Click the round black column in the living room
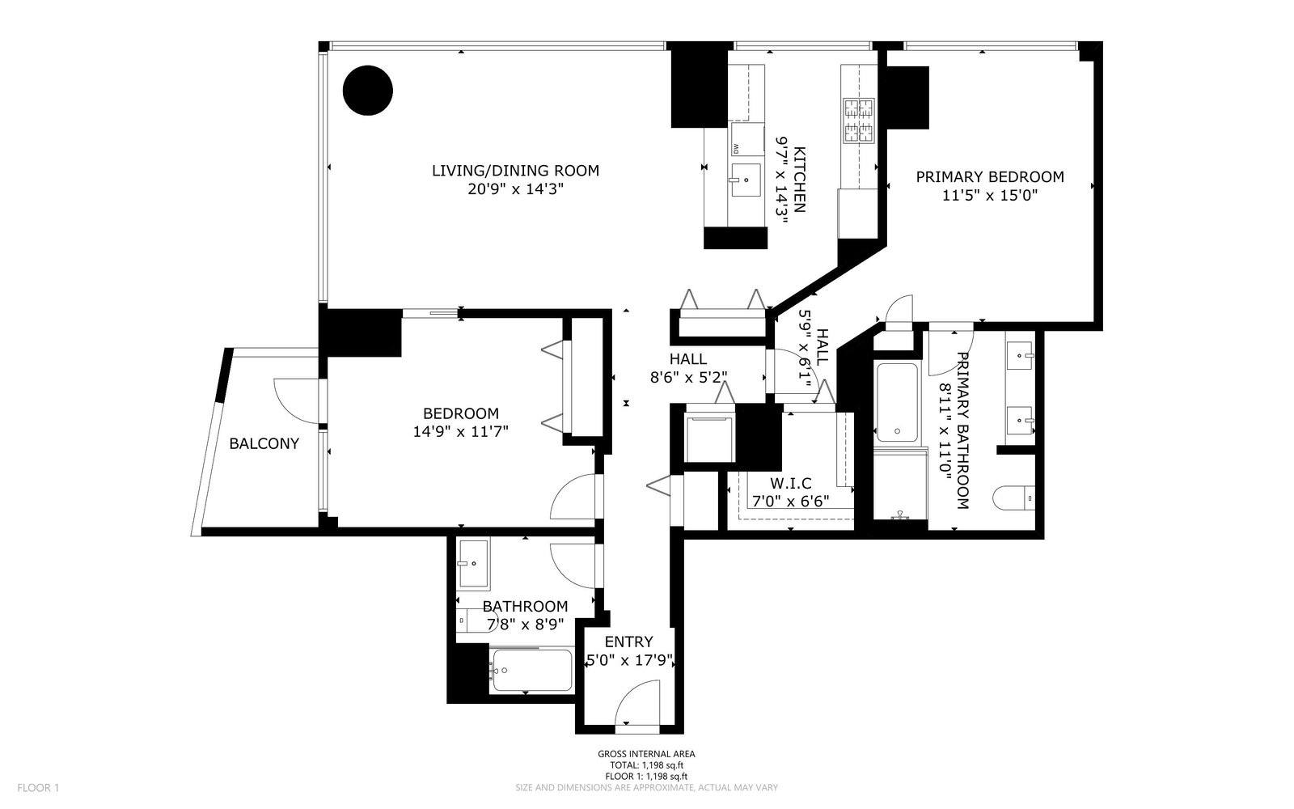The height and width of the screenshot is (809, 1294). [x=368, y=91]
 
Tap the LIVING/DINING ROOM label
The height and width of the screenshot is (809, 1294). [x=515, y=171]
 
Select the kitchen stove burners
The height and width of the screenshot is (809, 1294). [x=858, y=121]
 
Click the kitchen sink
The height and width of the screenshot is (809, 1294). [x=746, y=180]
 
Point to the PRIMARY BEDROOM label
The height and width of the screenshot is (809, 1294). [x=990, y=177]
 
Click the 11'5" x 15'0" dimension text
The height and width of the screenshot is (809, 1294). [x=990, y=195]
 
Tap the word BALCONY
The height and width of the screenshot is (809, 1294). [x=264, y=444]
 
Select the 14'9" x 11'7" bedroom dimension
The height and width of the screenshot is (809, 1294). [x=460, y=432]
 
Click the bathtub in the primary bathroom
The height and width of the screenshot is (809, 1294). [x=897, y=401]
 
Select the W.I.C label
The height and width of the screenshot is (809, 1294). [x=790, y=483]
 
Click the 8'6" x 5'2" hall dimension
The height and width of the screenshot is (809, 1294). [x=688, y=377]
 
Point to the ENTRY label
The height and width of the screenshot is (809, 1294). [x=628, y=642]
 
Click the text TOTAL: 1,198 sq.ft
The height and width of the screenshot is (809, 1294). [x=646, y=765]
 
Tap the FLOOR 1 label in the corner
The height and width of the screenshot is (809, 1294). [x=38, y=788]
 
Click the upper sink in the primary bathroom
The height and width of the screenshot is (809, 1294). [x=1020, y=356]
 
